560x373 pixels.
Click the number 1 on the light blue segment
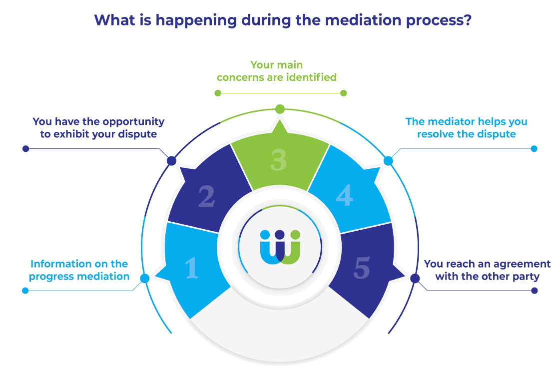192,268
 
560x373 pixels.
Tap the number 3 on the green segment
278,159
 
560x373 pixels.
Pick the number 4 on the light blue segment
344,196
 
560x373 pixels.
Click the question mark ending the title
466,21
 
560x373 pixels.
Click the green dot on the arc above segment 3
280,109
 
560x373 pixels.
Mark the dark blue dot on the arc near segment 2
171,161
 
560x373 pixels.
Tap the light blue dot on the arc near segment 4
388,161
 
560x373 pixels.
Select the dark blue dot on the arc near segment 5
415,279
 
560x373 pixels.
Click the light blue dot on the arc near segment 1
145,279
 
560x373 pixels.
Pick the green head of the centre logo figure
295,234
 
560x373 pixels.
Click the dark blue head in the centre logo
280,234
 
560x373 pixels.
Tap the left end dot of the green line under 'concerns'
217,93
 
